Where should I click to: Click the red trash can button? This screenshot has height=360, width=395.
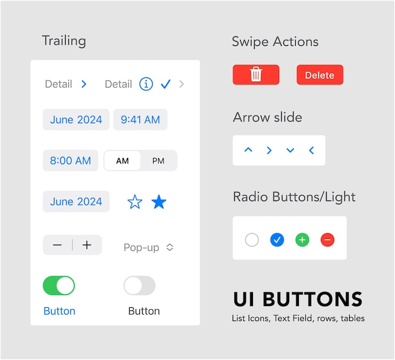256,75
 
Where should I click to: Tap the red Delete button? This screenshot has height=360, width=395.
320,75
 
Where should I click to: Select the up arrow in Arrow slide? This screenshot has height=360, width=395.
248,150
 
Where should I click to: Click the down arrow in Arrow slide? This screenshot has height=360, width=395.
290,150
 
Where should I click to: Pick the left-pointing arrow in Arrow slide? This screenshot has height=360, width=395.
311,150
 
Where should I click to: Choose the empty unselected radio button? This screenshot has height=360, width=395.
252,240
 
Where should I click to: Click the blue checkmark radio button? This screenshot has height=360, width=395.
276,240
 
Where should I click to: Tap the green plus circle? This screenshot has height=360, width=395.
302,240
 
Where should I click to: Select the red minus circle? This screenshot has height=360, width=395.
328,240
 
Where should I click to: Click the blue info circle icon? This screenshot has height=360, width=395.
146,84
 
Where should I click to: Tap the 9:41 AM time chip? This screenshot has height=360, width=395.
140,119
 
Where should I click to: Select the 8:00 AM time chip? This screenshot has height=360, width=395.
70,161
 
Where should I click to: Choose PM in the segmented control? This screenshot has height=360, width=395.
159,161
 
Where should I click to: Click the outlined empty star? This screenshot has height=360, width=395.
135,202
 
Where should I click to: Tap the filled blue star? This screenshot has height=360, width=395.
159,202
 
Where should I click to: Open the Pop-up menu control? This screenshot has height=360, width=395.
148,247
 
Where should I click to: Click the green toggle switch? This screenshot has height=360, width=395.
59,286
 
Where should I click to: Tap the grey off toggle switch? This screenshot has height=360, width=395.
139,286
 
